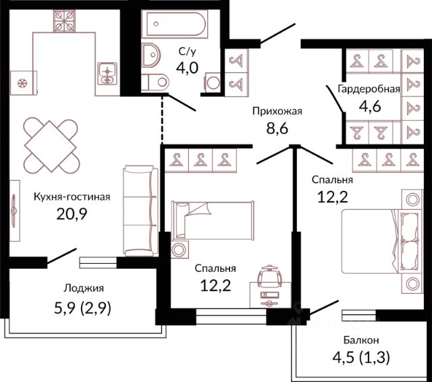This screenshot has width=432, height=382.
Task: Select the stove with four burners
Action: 64,21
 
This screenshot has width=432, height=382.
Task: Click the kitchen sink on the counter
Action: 107,74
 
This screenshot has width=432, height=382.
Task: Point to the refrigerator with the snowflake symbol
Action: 24,83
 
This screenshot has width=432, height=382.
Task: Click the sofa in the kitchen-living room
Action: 140,211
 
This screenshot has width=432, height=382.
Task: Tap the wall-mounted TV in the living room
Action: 15,211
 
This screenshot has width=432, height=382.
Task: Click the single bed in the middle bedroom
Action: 213,221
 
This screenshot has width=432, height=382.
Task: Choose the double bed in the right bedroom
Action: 381,241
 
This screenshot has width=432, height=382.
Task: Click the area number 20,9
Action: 72,214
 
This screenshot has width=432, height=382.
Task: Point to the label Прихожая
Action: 277,111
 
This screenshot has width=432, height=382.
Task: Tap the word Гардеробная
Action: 369,88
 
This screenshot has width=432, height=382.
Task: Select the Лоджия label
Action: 84,288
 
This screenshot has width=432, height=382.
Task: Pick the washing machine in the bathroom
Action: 213,82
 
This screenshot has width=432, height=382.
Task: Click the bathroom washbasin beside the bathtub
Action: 151,55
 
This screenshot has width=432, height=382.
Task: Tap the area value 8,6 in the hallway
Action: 277,128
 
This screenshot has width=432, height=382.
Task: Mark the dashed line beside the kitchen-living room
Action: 162,119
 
